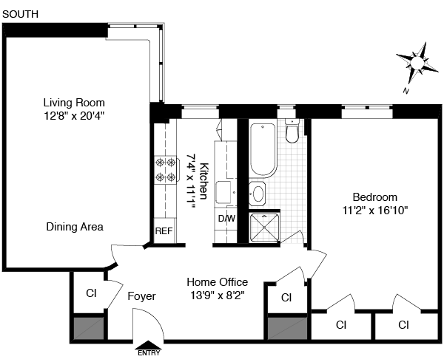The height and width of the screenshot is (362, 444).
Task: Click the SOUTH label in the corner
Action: click(20, 14)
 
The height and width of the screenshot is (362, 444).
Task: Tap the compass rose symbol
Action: click(417, 63)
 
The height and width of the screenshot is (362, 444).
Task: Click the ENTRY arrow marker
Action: click(149, 345)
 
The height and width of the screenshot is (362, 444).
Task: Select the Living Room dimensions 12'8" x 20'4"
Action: click(74, 116)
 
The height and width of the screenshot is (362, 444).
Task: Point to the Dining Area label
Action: click(75, 227)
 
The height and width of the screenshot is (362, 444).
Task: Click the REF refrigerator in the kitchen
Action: click(164, 230)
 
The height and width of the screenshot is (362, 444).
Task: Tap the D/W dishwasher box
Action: click(226, 219)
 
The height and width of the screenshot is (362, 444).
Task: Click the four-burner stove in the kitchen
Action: click(166, 170)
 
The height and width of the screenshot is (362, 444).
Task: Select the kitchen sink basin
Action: click(223, 192)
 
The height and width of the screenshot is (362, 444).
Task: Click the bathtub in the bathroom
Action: click(263, 149)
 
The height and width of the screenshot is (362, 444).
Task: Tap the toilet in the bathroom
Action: click(292, 131)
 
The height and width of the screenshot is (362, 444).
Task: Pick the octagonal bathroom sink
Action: click(258, 194)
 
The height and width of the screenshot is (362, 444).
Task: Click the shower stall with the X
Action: click(264, 228)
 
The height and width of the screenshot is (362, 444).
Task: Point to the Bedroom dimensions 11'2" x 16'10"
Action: click(375, 211)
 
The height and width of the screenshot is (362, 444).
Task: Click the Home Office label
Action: click(217, 282)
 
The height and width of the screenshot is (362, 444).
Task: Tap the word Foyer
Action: click(141, 296)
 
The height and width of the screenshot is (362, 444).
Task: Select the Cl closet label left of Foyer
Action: click(91, 293)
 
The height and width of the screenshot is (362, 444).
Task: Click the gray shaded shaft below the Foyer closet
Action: click(89, 328)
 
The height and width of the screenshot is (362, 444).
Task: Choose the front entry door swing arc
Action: click(155, 317)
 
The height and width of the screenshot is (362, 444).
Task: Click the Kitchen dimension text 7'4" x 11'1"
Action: click(191, 181)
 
